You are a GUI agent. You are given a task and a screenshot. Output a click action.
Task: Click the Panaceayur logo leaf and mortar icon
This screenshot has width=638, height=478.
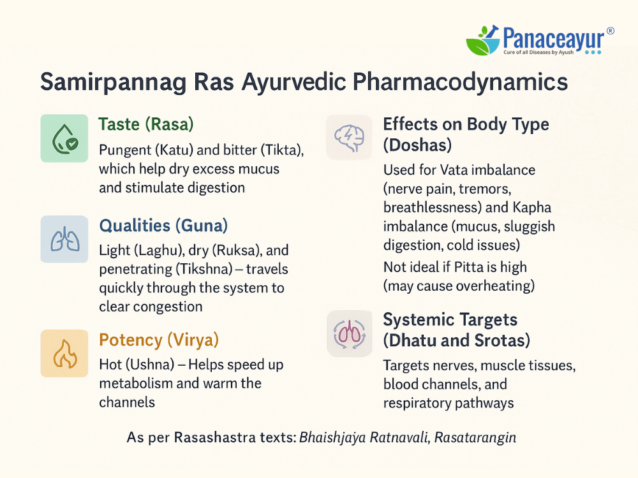(483, 40)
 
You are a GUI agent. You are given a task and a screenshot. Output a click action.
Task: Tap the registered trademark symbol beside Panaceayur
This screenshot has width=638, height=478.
(610, 31)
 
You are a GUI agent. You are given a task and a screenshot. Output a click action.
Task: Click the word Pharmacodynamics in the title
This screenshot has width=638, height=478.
(460, 82)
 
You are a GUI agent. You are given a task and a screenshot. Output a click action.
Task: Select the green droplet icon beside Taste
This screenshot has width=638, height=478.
(64, 138)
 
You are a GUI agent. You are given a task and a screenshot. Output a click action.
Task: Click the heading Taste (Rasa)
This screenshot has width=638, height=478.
(146, 124)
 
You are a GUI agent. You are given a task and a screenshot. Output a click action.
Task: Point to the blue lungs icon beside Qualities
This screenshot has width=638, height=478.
(64, 239)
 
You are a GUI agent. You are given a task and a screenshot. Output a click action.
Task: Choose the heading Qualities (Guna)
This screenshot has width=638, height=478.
(163, 225)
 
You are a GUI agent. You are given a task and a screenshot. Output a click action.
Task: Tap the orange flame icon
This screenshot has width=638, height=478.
(64, 353)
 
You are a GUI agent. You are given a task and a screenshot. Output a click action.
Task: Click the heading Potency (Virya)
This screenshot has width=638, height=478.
(159, 340)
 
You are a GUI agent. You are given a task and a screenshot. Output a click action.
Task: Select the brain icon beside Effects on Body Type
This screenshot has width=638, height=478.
(349, 138)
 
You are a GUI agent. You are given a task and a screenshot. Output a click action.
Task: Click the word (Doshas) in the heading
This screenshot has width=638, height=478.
(417, 145)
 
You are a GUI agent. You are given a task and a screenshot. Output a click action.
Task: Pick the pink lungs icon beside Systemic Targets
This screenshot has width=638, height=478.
(350, 334)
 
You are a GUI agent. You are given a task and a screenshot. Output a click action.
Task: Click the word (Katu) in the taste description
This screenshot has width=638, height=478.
(174, 150)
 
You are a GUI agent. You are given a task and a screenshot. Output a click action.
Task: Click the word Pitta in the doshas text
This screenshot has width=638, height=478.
(468, 267)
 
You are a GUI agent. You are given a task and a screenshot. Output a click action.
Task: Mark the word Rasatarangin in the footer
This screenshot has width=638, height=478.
(475, 437)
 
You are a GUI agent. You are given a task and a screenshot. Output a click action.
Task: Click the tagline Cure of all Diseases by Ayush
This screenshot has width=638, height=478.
(538, 52)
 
